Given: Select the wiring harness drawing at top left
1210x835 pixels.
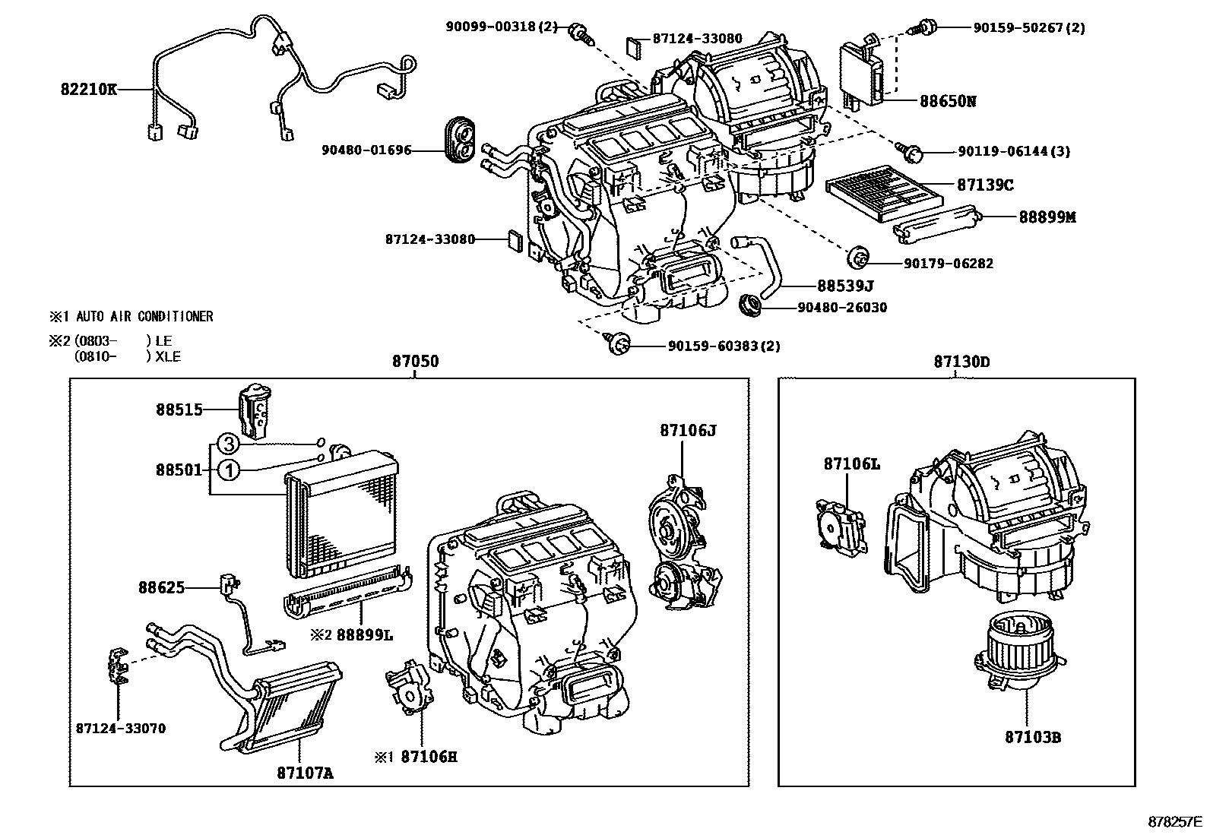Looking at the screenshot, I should point(274,76).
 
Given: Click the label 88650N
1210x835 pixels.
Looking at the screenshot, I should point(947,101).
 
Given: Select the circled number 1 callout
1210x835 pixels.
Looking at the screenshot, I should point(229,470).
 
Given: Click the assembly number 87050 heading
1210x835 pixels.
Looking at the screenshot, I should point(415,362).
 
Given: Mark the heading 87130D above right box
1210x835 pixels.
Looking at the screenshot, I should point(961,362).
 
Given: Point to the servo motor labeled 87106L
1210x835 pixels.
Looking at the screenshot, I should point(839,525).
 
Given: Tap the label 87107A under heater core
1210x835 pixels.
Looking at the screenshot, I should point(304,773).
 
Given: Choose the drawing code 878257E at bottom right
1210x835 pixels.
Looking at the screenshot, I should point(1174,822).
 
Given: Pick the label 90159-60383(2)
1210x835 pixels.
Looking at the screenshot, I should point(724,346).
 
